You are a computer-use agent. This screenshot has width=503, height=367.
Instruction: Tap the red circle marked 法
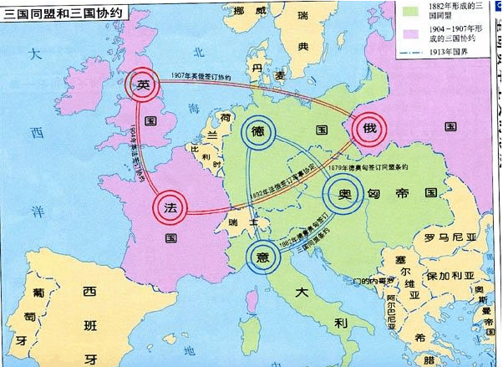(x=170, y=206)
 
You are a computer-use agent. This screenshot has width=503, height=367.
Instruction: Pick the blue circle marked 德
(x=259, y=133)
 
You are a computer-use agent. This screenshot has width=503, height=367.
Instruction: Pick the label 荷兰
(x=215, y=132)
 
